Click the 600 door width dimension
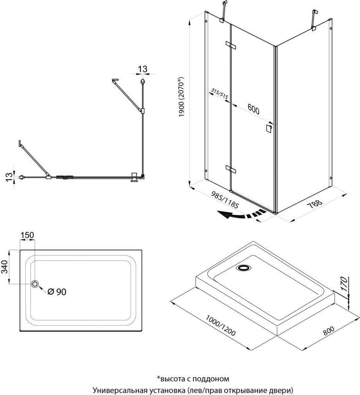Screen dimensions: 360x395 [x=253, y=109]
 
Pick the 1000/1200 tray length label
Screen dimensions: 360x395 [x=221, y=325]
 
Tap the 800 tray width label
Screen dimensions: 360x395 [x=329, y=330]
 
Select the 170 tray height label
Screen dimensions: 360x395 [x=344, y=284]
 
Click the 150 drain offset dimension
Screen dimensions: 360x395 [x=27, y=235]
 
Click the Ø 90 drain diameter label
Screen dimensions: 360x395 [x=57, y=292]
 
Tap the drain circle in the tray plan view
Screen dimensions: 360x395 [x=35, y=284]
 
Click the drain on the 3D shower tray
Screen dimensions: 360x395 [x=243, y=268]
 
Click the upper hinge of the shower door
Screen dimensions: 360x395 [x=230, y=45]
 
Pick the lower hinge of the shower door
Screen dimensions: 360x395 [x=231, y=169]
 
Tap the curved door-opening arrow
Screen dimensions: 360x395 [x=241, y=214]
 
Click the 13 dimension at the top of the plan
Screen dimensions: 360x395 [x=142, y=69]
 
